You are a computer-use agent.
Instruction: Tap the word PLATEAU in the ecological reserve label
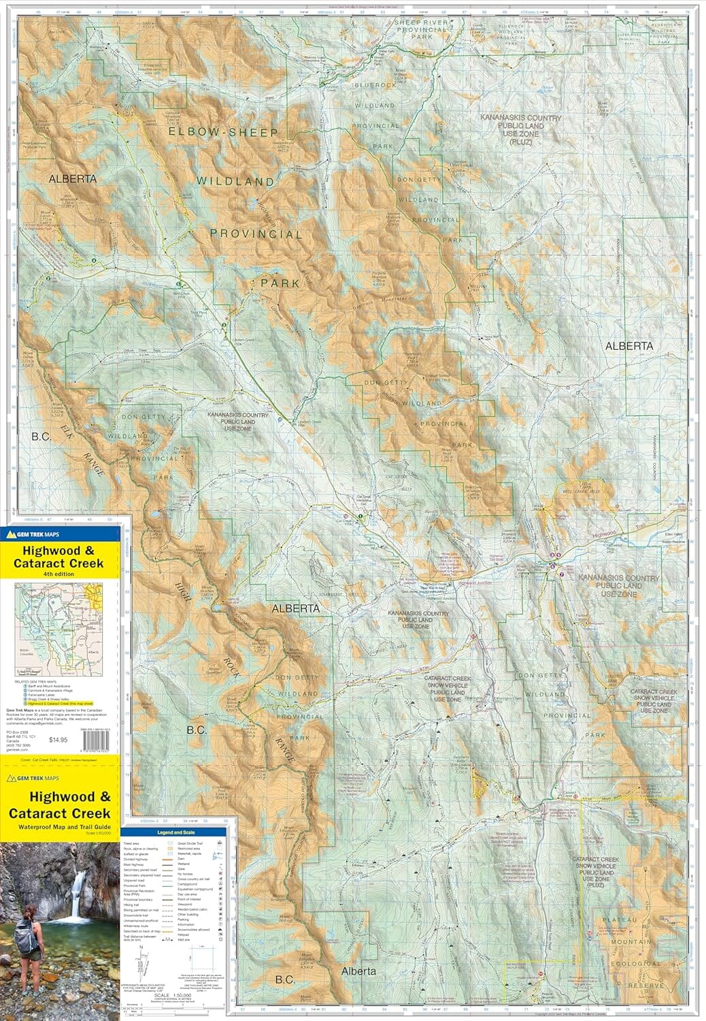[x=619, y=920]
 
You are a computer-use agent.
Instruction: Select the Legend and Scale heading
[x=177, y=832]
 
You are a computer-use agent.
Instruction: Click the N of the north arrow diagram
[x=141, y=947]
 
